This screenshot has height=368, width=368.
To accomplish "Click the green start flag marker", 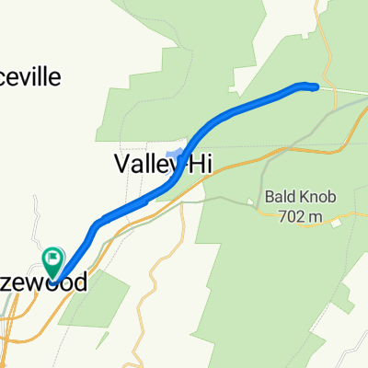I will click(x=53, y=261).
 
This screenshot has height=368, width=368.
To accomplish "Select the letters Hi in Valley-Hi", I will click(x=200, y=165).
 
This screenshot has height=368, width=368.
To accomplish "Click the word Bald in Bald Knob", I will click(x=281, y=196).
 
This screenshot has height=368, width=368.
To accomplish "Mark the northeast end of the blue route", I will click(x=315, y=87).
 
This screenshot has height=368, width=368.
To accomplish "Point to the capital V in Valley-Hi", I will click(x=121, y=165).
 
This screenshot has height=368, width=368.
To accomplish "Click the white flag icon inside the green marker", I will click(x=53, y=258).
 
